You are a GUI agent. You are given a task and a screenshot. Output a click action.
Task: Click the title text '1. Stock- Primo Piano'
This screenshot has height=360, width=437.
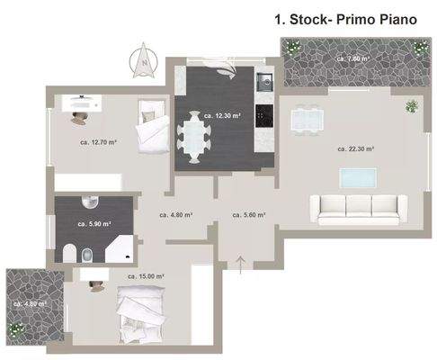click(x=344, y=17)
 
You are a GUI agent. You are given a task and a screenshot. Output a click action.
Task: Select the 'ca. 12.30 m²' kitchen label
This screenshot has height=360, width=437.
click(x=220, y=115)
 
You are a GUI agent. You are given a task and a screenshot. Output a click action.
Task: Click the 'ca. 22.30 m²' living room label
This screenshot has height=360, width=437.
click(x=356, y=148)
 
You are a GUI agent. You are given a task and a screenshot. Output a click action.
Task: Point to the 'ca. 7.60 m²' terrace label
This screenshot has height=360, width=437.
click(x=352, y=58)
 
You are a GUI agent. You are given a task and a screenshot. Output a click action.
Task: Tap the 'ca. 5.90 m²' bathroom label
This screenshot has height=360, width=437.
click(x=94, y=224)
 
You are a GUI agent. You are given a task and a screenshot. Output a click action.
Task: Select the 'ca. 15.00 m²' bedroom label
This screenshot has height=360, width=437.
click(x=146, y=276)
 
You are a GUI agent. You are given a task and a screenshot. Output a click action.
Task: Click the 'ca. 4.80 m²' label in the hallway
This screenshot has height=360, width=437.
click(x=175, y=215)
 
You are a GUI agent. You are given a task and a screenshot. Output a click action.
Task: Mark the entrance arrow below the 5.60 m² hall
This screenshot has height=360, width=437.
click(x=241, y=263)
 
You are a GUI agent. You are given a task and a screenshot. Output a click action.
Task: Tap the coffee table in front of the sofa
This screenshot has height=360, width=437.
click(x=358, y=175)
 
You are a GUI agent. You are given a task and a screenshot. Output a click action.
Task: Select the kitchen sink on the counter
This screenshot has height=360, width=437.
click(x=263, y=83)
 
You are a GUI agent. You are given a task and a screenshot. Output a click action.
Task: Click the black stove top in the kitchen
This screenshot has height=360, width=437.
click(x=263, y=114)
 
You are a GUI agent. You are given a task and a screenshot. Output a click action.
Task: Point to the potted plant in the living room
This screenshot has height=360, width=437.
click(x=412, y=106)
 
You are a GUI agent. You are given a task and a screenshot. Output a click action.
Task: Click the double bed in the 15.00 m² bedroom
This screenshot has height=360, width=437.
click(x=141, y=313)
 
